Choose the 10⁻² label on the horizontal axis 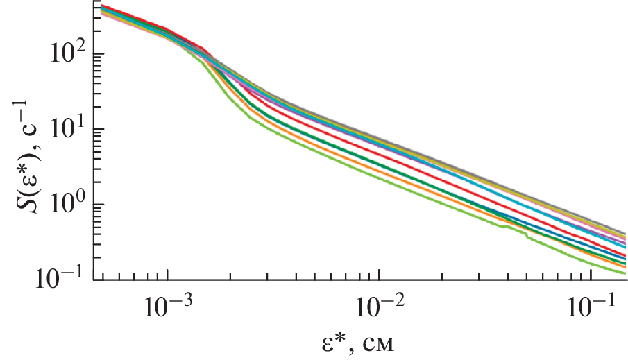click(379, 306)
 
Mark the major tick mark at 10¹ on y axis click(99, 129)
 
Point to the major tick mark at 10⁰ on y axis click(99, 205)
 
